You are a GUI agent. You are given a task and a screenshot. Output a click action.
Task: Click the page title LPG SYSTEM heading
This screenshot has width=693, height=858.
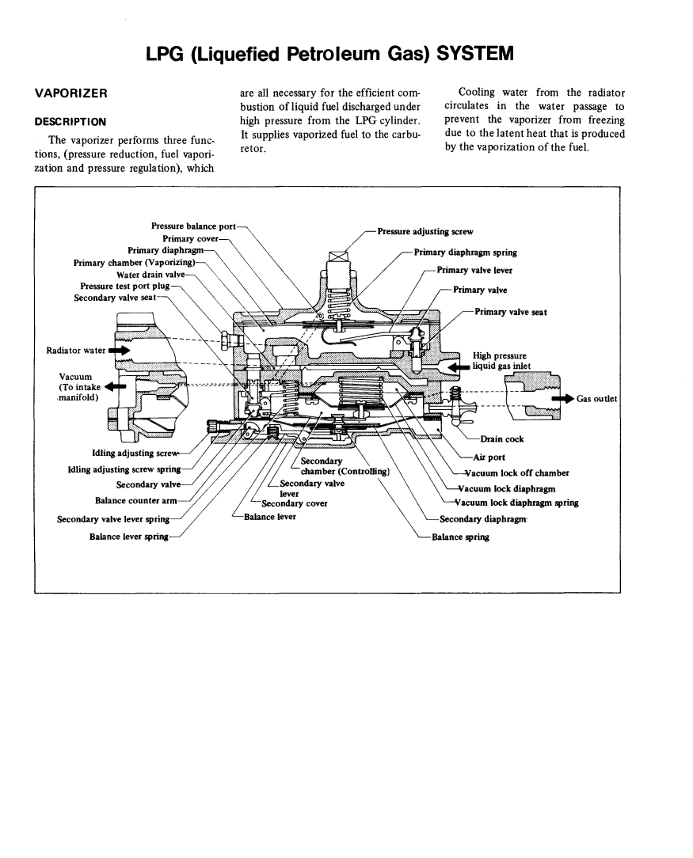point(330,54)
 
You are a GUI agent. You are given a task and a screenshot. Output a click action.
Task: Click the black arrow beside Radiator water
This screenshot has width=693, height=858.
point(120,349)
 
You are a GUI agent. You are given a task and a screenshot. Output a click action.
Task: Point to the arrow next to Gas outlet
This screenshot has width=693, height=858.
point(563,398)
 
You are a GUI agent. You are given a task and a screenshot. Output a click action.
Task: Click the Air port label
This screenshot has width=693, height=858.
point(492,457)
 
